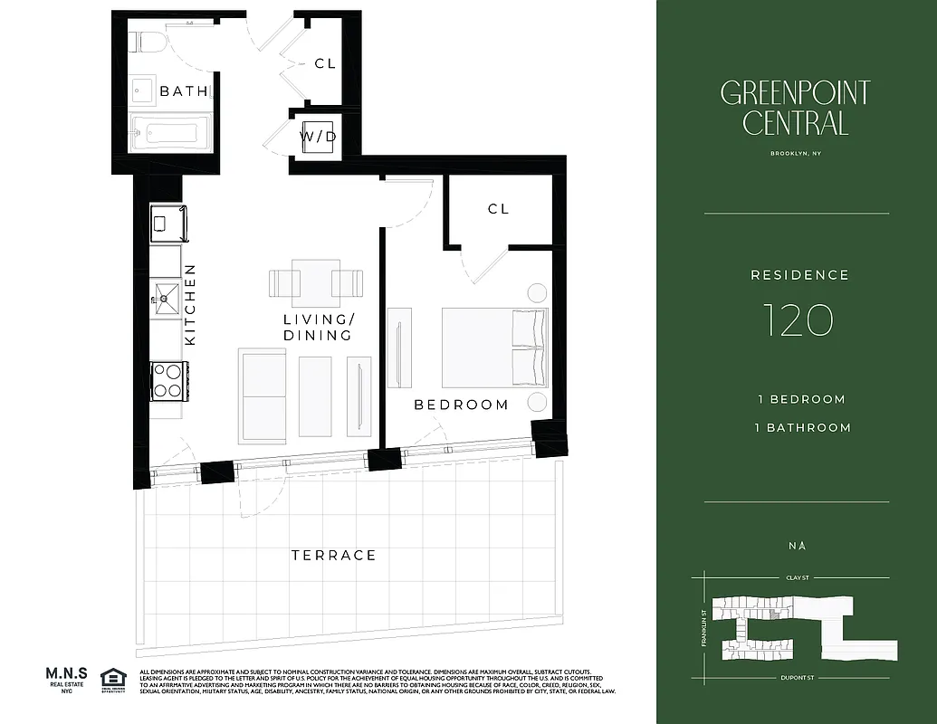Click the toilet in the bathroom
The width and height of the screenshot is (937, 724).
click(x=145, y=42)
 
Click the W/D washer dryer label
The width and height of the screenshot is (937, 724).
click(x=318, y=137)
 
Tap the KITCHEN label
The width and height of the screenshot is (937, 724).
click(x=190, y=304)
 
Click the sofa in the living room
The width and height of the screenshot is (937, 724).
click(x=262, y=395)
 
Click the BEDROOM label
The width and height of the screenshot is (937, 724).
click(x=461, y=405)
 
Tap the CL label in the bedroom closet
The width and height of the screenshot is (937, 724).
click(x=498, y=209)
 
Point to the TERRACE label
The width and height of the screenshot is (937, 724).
click(x=333, y=555)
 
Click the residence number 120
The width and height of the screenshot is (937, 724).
click(x=797, y=320)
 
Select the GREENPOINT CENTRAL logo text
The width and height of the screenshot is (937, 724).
click(x=795, y=108)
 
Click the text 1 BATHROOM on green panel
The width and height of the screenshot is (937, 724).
click(x=804, y=427)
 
